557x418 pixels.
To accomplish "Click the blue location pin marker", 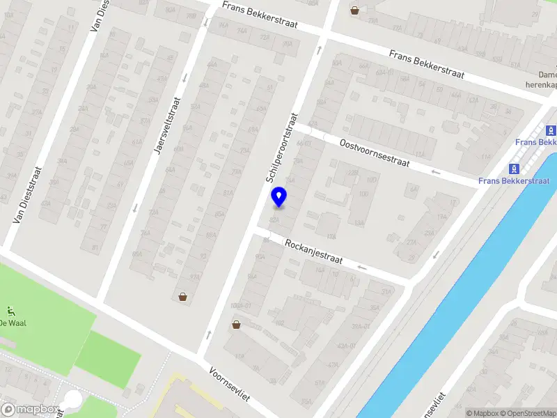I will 278,197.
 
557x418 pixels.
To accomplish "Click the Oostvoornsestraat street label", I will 374,151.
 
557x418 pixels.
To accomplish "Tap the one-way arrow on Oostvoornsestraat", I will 436,172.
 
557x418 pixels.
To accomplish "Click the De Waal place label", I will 12,323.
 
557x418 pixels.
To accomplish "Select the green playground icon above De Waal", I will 10,311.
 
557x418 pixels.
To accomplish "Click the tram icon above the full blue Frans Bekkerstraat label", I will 515,169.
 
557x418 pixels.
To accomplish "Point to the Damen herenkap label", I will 542,79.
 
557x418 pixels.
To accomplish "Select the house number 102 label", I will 280,323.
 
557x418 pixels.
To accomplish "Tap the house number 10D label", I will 372,180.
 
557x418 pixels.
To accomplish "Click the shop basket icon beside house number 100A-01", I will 237,323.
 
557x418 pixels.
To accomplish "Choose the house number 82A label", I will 274,219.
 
